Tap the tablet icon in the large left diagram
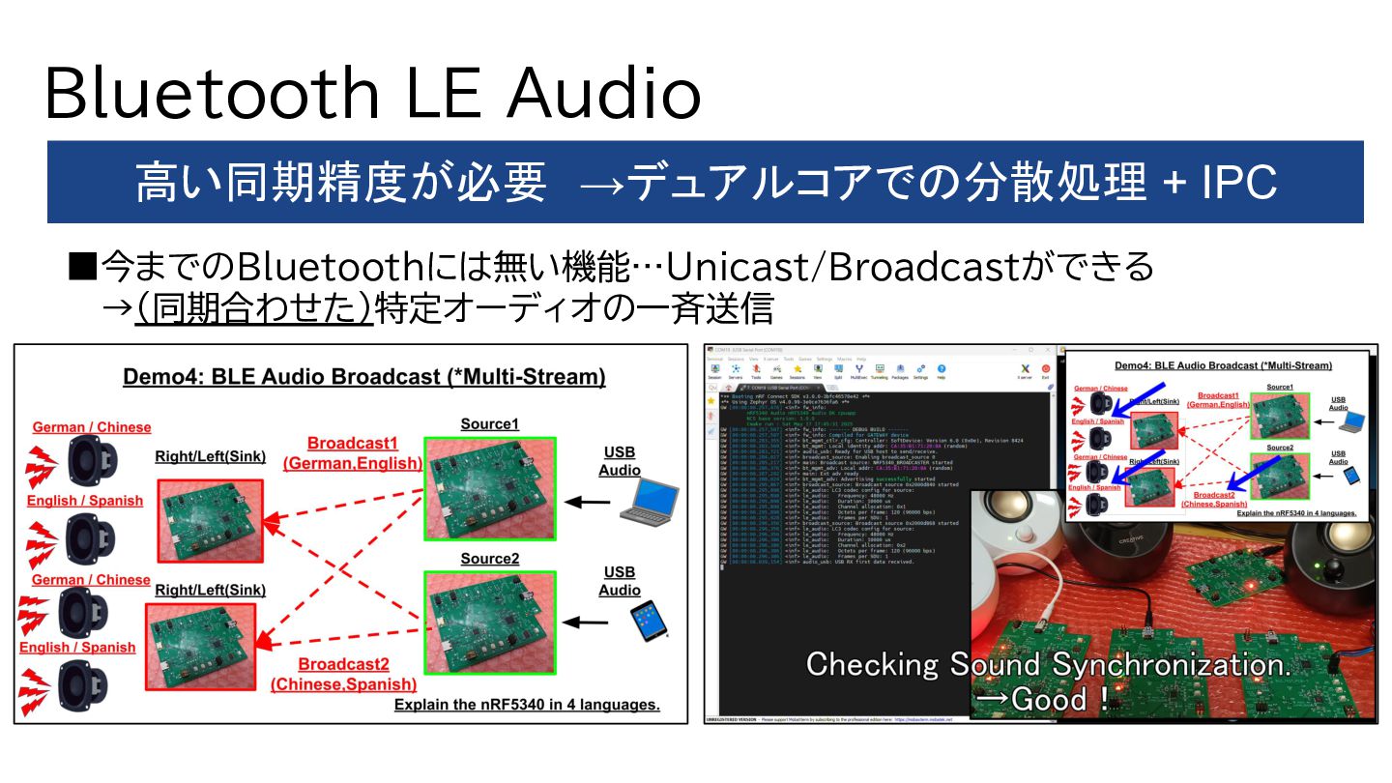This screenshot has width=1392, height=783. coord(649,621)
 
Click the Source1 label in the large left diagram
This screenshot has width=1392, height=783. coord(489,424)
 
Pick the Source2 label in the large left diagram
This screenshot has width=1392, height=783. coord(489,559)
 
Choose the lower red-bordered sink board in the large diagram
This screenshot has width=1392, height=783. coord(200,647)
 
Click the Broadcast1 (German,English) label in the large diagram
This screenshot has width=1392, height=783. coord(353,453)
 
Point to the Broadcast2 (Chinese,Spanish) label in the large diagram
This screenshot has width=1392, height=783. coord(343,674)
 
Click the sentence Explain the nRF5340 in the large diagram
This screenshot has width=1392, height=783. coord(527,705)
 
